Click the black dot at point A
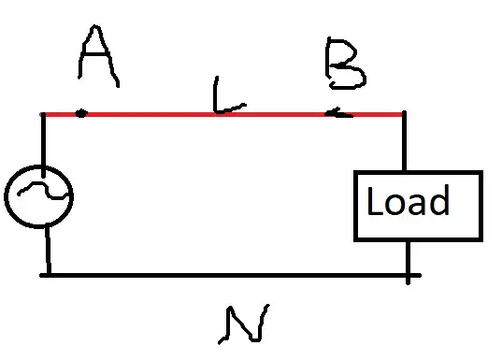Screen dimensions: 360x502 point(81,114)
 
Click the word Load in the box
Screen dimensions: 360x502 point(408,202)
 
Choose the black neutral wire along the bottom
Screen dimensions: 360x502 point(224,275)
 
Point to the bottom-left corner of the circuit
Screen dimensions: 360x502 point(46,275)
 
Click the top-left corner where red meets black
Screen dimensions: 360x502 point(43,115)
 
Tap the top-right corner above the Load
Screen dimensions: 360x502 point(403,115)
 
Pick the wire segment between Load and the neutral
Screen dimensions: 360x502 point(409,257)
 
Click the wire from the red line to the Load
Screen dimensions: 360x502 point(404,143)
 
